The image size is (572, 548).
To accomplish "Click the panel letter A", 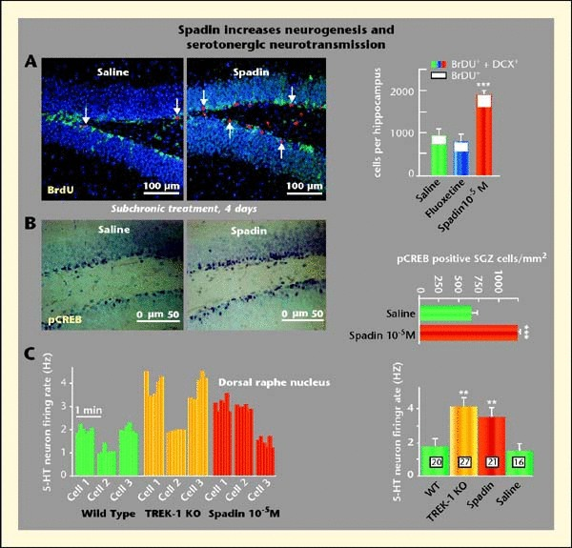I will pos(31,62).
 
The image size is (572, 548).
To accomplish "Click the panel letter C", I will pos(31,355).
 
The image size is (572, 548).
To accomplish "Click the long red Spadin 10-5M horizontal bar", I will pos(468,333).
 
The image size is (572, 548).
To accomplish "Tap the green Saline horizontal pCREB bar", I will pos(445,312).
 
